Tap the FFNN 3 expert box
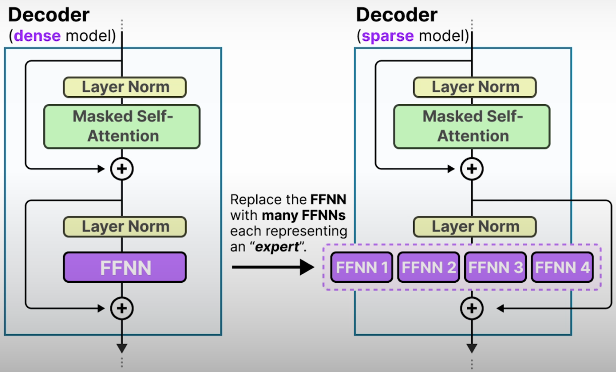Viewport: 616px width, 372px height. [495, 267]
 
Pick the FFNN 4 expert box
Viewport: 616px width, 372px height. [562, 267]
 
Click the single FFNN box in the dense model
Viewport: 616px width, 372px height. [125, 267]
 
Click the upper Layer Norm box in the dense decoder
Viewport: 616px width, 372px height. [125, 87]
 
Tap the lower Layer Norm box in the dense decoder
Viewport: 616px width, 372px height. [125, 227]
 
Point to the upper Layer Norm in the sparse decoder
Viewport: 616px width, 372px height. [474, 87]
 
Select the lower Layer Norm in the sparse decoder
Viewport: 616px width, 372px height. [474, 227]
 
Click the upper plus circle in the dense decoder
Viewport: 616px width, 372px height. [122, 169]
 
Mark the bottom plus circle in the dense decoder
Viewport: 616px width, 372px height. [122, 308]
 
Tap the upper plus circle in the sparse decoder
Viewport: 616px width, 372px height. [472, 169]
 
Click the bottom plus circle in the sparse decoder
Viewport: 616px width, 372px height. [472, 308]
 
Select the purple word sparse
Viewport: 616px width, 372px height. [387, 36]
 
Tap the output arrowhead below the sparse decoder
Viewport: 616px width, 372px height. [472, 348]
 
